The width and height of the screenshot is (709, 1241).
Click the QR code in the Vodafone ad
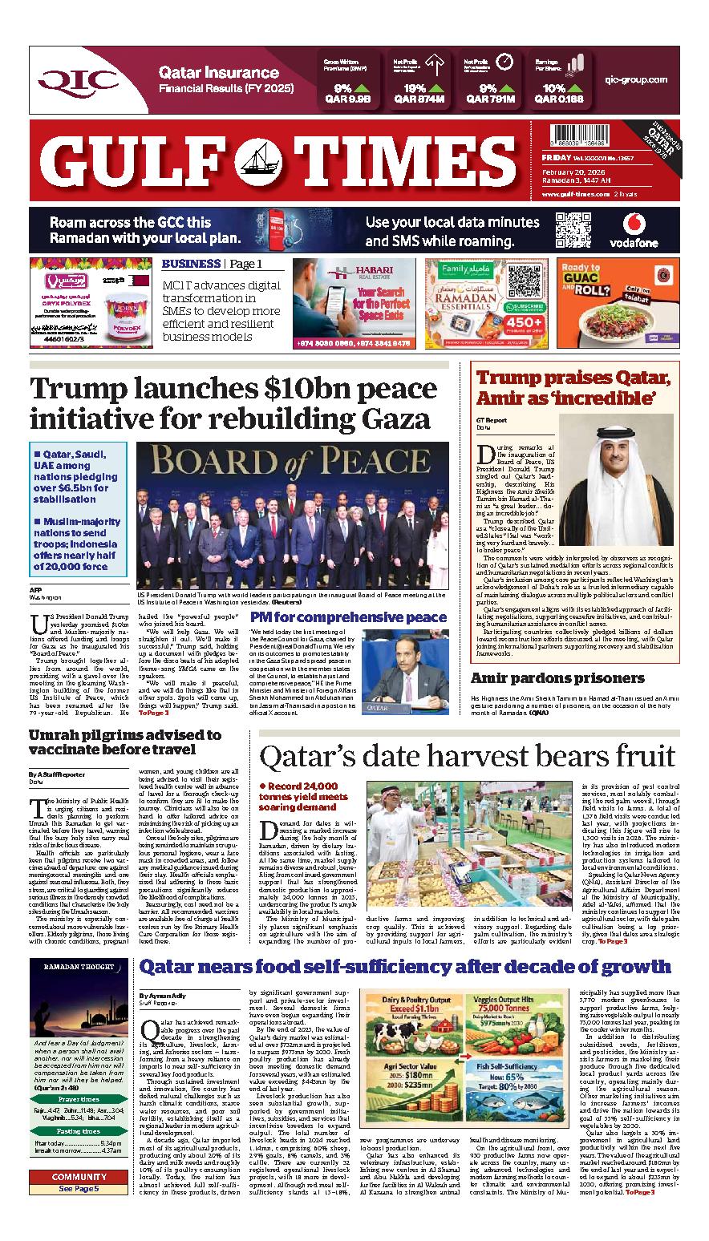572,229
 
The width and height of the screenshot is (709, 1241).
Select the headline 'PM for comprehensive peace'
349,616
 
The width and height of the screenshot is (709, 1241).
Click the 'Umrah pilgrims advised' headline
124,742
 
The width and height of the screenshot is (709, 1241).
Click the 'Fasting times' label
79,1131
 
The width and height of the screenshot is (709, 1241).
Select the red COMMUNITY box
79,1177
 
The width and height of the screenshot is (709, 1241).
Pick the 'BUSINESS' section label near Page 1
191,264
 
